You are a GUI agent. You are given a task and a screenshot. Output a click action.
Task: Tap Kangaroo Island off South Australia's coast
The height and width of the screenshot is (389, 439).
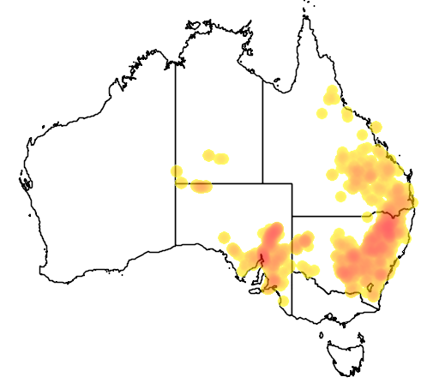(255, 290)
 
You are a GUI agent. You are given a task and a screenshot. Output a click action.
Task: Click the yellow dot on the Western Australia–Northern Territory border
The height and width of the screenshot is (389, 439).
(177, 171)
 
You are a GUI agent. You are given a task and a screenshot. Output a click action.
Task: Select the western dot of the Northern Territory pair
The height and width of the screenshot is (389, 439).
(208, 155)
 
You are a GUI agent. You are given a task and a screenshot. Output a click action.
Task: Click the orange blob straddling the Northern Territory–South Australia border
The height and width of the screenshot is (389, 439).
(201, 186)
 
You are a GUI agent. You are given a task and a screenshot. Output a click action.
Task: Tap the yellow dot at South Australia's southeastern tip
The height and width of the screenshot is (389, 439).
(284, 300)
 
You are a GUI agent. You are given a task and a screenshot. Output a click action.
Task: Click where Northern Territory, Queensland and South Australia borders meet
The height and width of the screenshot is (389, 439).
(262, 183)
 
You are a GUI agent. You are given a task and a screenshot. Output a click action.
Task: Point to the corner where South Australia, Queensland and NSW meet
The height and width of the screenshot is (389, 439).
(292, 215)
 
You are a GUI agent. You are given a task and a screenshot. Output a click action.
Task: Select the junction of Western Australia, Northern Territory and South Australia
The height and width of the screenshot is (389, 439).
(176, 183)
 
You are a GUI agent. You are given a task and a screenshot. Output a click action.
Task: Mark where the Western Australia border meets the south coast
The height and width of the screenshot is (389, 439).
(176, 244)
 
